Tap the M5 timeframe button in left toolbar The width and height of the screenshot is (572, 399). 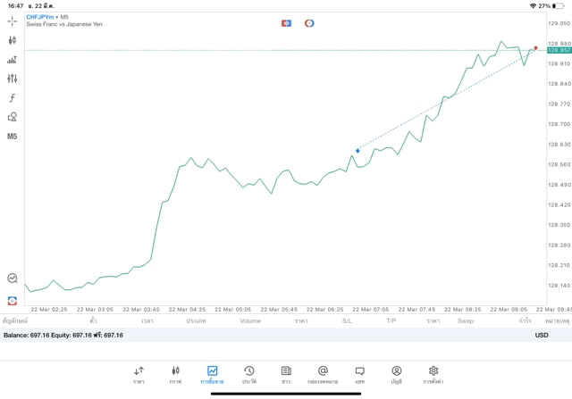pyautogui.click(x=13, y=137)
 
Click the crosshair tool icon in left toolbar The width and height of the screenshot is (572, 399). pyautogui.click(x=13, y=21)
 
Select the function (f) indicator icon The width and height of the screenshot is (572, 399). pyautogui.click(x=13, y=98)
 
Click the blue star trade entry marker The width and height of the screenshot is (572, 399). pyautogui.click(x=357, y=151)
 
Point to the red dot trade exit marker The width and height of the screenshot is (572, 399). pyautogui.click(x=535, y=47)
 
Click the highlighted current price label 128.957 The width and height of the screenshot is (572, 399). pyautogui.click(x=559, y=50)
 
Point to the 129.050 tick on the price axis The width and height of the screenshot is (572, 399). pyautogui.click(x=559, y=23)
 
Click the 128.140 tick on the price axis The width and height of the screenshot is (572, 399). pyautogui.click(x=559, y=286)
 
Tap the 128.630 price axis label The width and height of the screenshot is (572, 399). pyautogui.click(x=559, y=144)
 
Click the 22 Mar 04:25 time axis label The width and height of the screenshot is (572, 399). pyautogui.click(x=190, y=310)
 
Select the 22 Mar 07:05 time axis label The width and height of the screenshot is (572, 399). pyautogui.click(x=371, y=310)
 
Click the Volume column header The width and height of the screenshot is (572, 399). pyautogui.click(x=250, y=320)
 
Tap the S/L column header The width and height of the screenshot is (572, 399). pyautogui.click(x=347, y=320)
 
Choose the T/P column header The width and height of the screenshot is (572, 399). pyautogui.click(x=391, y=320)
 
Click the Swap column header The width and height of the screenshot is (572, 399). pyautogui.click(x=466, y=320)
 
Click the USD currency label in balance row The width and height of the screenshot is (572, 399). pyautogui.click(x=542, y=335)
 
